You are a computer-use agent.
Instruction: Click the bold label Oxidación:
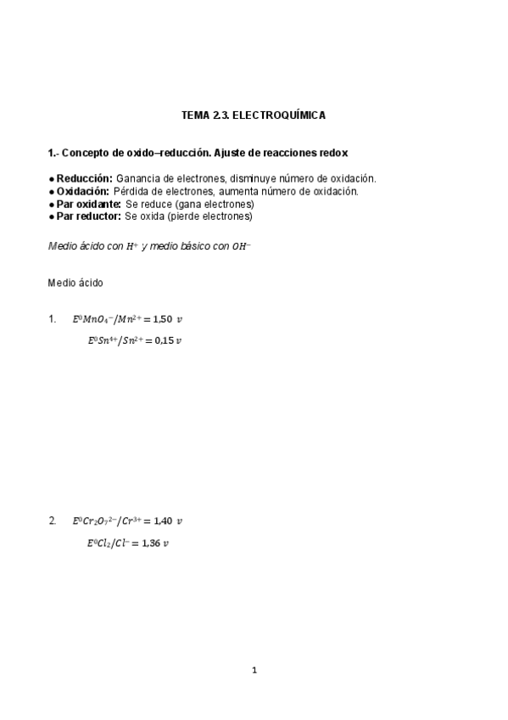click(x=83, y=191)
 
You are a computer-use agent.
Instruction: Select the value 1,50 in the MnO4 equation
click(x=162, y=319)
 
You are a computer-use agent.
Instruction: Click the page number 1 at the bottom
click(x=254, y=670)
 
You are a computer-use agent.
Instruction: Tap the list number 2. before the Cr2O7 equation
click(x=53, y=520)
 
